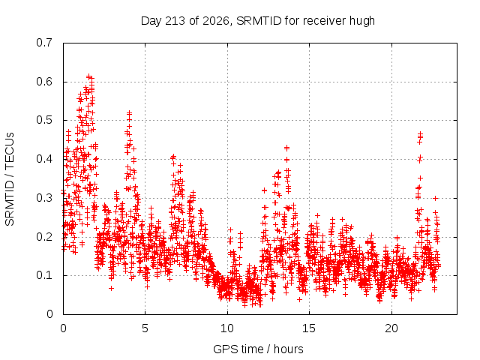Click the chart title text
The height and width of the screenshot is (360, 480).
(258, 21)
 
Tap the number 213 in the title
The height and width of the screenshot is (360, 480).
(175, 21)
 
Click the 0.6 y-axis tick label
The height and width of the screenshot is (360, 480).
(44, 82)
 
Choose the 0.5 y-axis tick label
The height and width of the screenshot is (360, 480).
(44, 120)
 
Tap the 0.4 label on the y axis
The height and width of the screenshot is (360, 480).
(44, 159)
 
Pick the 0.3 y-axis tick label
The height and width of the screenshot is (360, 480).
(44, 198)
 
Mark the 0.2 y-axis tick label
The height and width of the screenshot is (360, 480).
(44, 237)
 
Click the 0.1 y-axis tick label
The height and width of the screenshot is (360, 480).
(44, 275)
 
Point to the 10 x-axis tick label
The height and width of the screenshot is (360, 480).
(227, 328)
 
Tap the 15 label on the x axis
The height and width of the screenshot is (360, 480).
(309, 328)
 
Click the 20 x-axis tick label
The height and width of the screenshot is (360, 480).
(391, 328)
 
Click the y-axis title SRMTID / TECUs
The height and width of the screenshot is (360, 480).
(10, 179)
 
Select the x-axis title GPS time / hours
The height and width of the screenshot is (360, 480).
(258, 349)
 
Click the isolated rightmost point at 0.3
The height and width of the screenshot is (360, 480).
(435, 198)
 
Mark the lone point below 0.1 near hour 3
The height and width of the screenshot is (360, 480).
(112, 288)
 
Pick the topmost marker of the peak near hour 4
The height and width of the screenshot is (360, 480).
(130, 113)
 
